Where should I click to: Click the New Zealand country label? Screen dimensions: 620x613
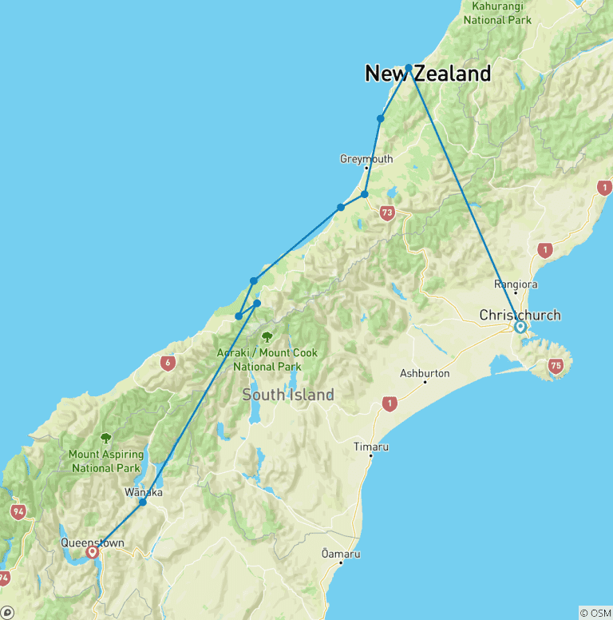coord(428,74)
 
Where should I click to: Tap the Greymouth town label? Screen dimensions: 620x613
coord(366,159)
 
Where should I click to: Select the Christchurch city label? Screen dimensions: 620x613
coord(520,315)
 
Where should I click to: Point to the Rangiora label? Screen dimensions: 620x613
coord(516,284)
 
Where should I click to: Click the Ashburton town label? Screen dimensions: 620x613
coord(425,373)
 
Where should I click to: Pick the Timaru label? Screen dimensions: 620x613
coord(371,447)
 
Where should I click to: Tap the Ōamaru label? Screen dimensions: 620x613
coord(341,554)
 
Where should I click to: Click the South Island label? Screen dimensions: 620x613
coord(287,395)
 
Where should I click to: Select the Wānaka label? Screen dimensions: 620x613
coord(144,492)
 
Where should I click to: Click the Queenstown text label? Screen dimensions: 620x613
coord(93,543)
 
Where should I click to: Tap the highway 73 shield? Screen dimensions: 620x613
coord(387,213)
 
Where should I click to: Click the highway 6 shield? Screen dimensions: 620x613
coord(167,363)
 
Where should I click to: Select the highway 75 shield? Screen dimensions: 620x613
coord(556,367)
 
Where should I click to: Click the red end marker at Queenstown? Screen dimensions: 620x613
coord(92,551)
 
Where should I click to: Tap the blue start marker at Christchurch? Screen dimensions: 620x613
coord(520,327)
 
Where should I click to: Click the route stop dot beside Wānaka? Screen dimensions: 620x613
coord(143,502)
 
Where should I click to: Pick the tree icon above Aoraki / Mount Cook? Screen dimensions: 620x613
coord(267,336)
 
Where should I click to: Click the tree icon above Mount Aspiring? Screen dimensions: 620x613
coord(105,438)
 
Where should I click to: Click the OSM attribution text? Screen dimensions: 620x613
coord(595,613)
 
